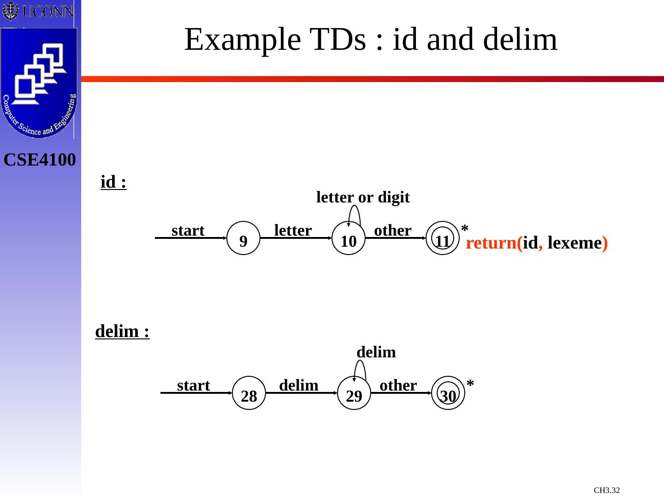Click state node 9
tap(244, 238)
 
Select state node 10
tap(349, 238)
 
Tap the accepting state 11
tap(443, 238)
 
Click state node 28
tap(249, 393)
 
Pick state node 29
tap(354, 393)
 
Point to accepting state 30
tap(448, 393)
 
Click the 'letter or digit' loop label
tap(363, 197)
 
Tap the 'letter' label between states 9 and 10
tap(293, 230)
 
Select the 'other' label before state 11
tap(392, 230)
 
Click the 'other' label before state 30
tap(398, 385)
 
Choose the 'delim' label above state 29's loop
tap(376, 352)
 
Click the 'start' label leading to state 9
tap(188, 230)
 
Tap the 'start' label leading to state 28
tap(193, 385)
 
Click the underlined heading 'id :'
tap(113, 183)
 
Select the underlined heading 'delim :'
tap(122, 332)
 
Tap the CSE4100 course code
tap(40, 160)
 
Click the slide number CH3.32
tap(607, 490)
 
